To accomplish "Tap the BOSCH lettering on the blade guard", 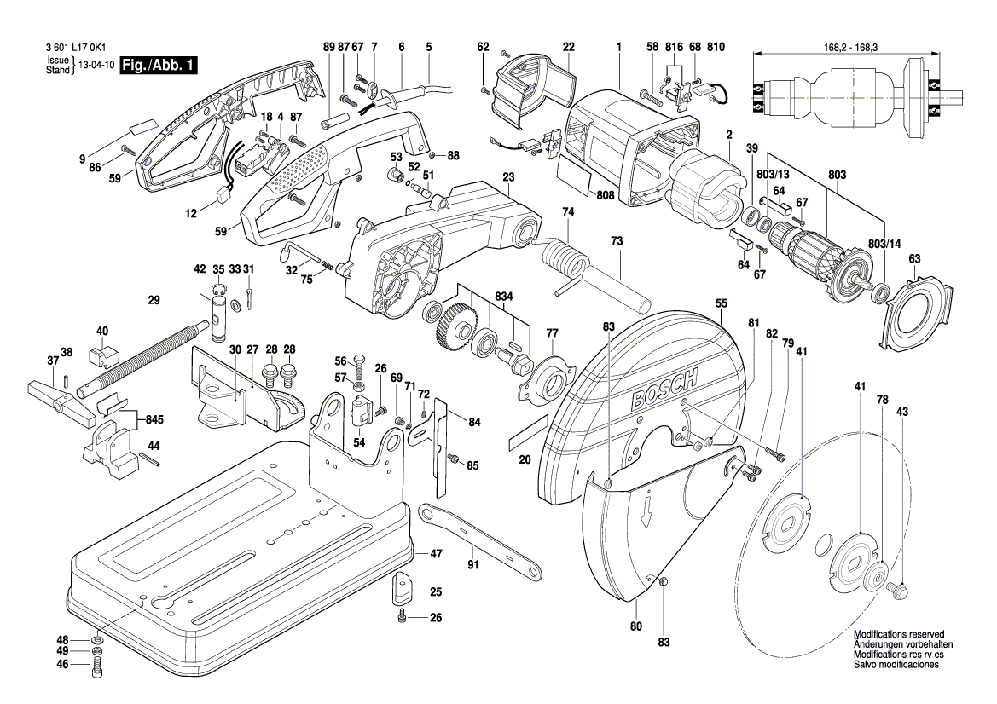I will click(x=666, y=391).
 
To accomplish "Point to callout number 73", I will click(x=616, y=242).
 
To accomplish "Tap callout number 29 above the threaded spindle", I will click(x=154, y=300).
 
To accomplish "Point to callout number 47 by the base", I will click(x=436, y=554).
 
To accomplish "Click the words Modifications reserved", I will click(x=898, y=635).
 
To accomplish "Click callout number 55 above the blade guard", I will click(x=721, y=303).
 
